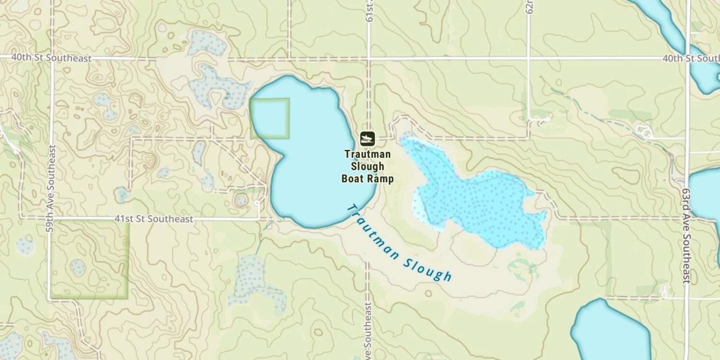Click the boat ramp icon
point(367,139)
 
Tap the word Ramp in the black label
point(381,179)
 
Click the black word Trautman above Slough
point(367,154)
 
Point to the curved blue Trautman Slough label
point(399,244)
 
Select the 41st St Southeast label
point(154,219)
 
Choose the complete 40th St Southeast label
point(51,58)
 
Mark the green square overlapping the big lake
point(269,119)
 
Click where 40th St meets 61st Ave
point(369,59)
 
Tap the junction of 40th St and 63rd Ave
point(687,59)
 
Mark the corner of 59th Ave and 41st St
point(50,219)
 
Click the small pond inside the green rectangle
point(77,267)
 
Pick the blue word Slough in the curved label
point(428,269)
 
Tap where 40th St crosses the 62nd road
point(528,59)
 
